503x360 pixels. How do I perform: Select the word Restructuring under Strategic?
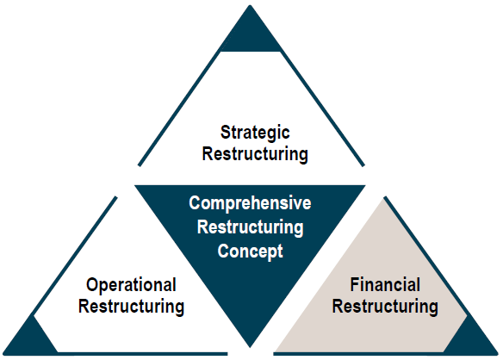[255, 154]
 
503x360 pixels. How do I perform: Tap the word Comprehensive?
[250, 203]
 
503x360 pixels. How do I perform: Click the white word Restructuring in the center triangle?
[251, 227]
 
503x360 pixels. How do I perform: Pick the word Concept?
[251, 251]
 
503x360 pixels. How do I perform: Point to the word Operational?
[131, 285]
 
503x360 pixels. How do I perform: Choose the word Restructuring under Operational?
[131, 306]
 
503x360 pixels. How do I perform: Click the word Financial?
[385, 285]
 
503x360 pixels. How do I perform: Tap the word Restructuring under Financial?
[385, 306]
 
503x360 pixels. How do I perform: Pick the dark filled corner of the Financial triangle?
[472, 337]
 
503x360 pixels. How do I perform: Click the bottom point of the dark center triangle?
[250, 347]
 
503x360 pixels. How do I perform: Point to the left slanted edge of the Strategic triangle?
[179, 109]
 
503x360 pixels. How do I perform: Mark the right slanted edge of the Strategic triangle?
[322, 109]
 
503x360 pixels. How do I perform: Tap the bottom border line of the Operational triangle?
[143, 354]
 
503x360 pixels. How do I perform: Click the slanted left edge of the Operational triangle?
[75, 257]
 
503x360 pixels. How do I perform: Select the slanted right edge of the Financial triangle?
[425, 257]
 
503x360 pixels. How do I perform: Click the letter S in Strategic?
[225, 132]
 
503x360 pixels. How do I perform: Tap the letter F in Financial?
[354, 284]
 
